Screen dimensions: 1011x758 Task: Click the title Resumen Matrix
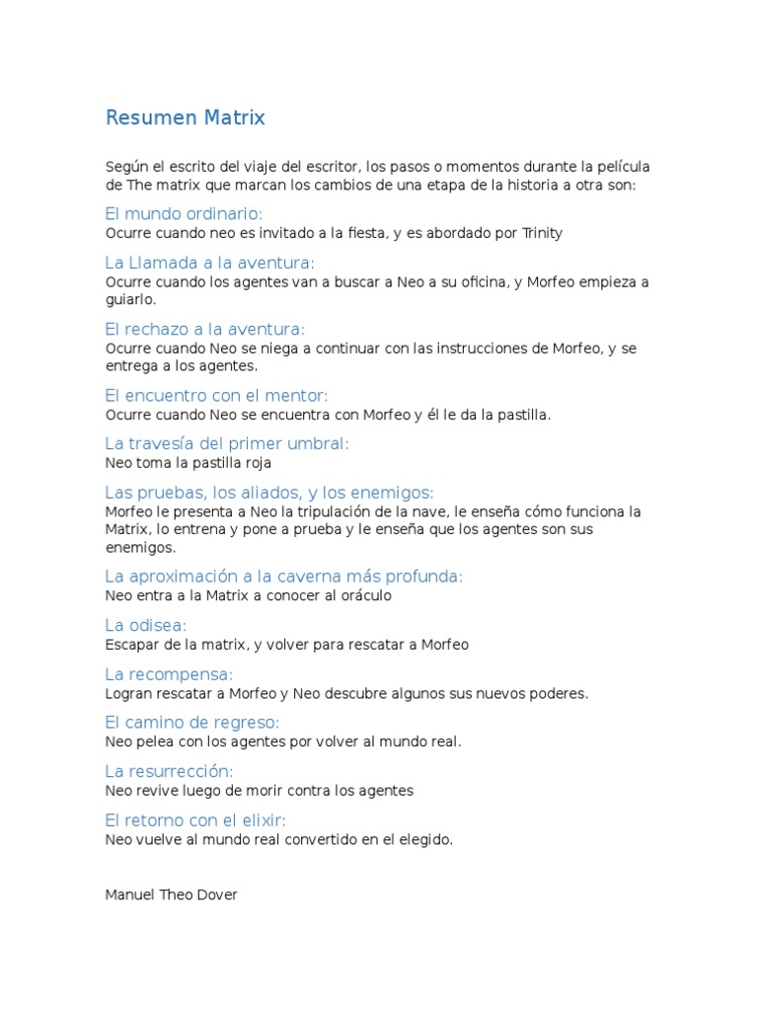(186, 118)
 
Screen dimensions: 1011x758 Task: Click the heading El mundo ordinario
(184, 214)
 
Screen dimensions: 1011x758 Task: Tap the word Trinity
(542, 233)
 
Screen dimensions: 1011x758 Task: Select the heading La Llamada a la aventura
(209, 263)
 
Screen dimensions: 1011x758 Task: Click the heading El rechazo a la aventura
(204, 329)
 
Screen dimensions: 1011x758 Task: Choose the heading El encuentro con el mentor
(215, 396)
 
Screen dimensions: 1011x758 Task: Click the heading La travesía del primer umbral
(227, 444)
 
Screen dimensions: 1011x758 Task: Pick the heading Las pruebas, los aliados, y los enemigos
(269, 493)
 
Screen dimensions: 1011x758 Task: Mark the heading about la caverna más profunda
(283, 577)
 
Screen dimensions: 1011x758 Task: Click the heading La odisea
(145, 625)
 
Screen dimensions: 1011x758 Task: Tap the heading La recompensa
(169, 674)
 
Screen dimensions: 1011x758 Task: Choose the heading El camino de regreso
(192, 722)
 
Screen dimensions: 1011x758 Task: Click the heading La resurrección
(169, 771)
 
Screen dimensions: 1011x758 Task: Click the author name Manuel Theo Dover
(171, 895)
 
